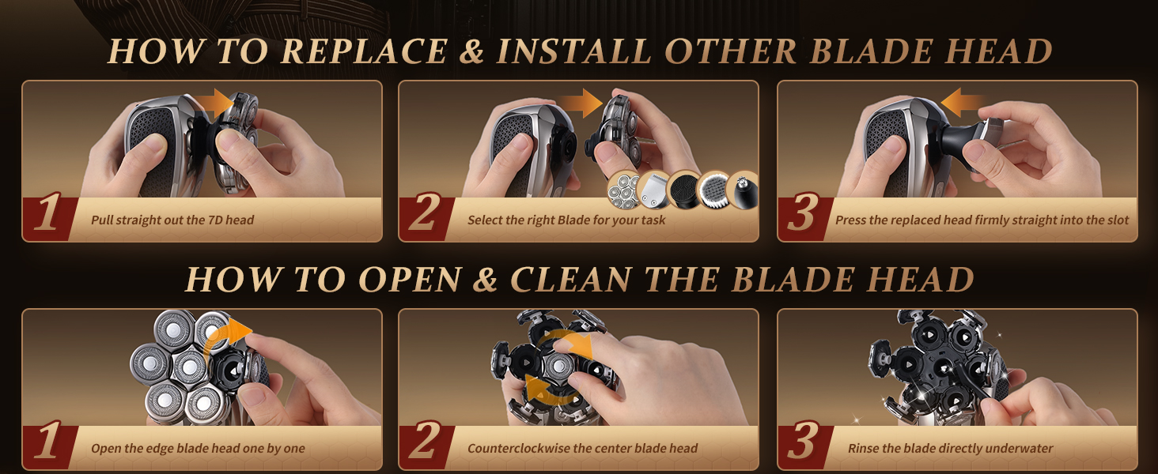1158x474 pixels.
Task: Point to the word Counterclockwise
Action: (518, 449)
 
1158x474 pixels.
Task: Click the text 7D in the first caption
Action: (213, 220)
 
